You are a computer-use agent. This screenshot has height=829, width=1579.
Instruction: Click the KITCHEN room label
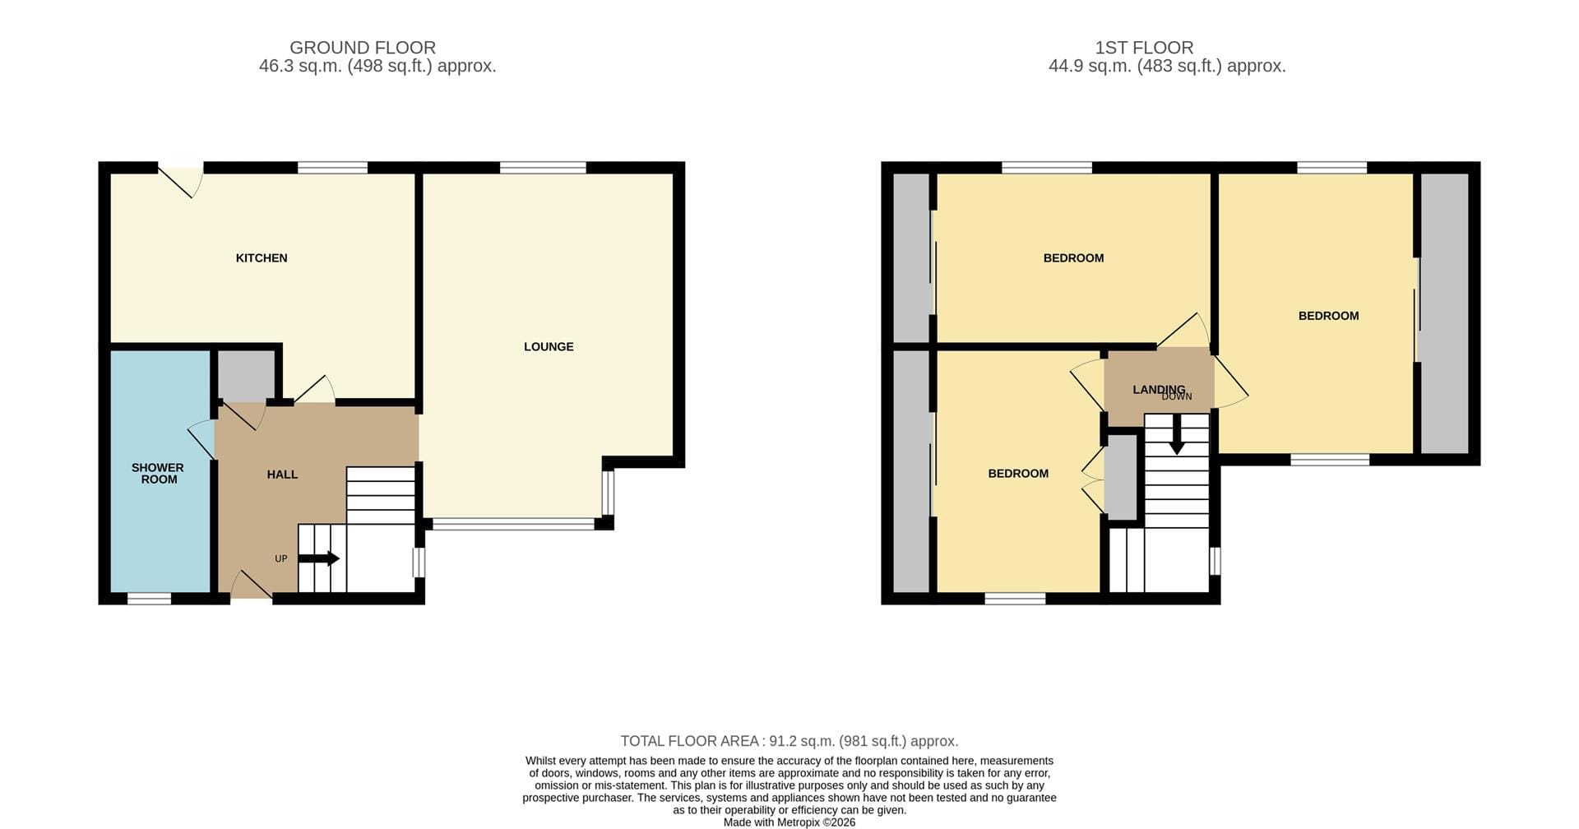(x=262, y=258)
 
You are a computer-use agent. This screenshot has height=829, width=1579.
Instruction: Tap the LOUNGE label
(x=549, y=347)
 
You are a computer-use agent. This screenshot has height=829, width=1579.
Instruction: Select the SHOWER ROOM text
(x=158, y=474)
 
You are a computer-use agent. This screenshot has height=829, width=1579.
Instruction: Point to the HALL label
(x=282, y=475)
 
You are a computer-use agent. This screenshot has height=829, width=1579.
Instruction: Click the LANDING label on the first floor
(x=1159, y=390)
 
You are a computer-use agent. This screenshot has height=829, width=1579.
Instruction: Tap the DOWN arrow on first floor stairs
(x=1177, y=433)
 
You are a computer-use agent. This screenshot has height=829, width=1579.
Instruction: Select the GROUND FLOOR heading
(x=363, y=48)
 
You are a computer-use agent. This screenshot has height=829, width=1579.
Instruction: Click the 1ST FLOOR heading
(x=1144, y=48)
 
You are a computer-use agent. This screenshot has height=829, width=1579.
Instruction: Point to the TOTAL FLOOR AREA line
(x=789, y=741)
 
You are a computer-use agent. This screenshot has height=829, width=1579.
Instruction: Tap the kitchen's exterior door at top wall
(x=181, y=180)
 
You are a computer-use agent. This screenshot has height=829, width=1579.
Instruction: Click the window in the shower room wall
(x=150, y=599)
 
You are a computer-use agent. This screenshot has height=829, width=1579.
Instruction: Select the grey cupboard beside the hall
(x=246, y=375)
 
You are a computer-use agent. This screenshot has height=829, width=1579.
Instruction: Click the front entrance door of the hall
(x=251, y=586)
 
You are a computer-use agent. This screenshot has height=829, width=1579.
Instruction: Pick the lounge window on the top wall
(x=543, y=168)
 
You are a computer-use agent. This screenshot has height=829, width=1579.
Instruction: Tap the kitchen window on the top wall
(x=332, y=168)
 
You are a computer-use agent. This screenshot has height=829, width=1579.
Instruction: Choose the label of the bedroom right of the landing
(x=1328, y=316)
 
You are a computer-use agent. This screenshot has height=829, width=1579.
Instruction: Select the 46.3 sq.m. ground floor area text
(x=377, y=67)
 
